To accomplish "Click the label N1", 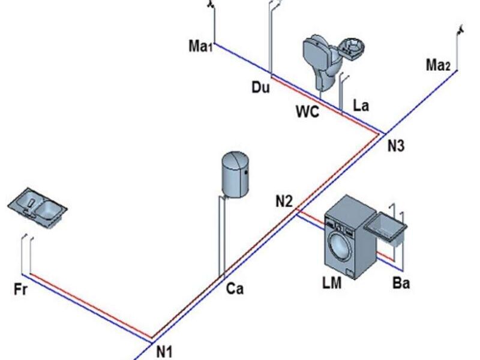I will (x=164, y=352).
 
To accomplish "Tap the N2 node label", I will (x=284, y=202).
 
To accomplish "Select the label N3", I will (x=396, y=146).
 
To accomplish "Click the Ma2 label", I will (x=438, y=65).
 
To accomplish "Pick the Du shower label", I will (x=261, y=88).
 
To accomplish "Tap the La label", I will (x=361, y=106).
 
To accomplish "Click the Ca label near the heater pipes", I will (x=235, y=289).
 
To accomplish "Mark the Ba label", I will (x=401, y=283).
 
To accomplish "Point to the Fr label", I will (x=21, y=290).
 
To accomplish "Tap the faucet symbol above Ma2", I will (x=460, y=28).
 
